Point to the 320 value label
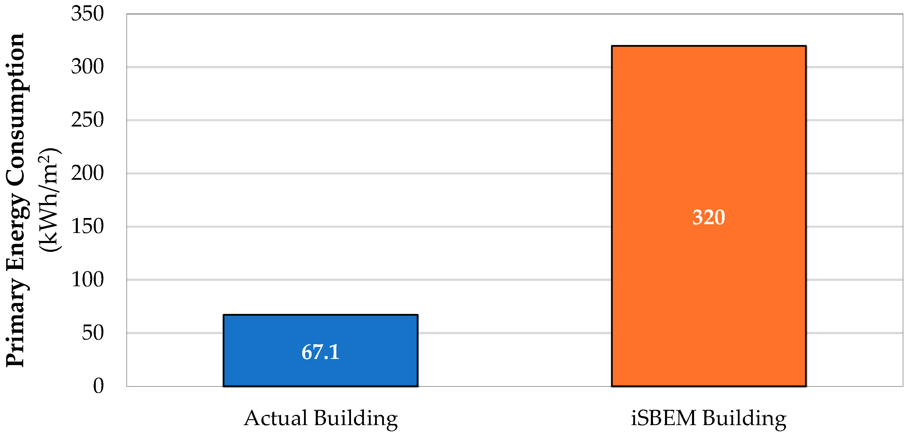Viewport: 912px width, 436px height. click(708, 217)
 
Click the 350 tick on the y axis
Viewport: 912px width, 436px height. click(87, 14)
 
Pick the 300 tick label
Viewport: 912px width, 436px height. click(87, 67)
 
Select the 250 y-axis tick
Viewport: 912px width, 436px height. click(87, 120)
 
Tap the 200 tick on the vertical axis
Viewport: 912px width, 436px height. click(87, 173)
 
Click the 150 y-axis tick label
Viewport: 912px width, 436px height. click(87, 227)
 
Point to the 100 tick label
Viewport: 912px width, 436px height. click(87, 280)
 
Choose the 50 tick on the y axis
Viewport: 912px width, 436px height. click(93, 333)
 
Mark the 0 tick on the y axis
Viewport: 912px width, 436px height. click(98, 386)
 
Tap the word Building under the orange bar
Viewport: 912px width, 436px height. click(744, 418)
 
